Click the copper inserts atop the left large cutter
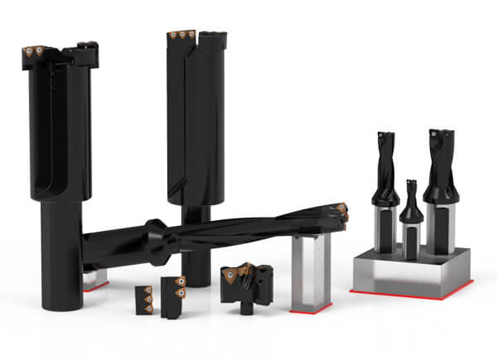pyautogui.click(x=36, y=50)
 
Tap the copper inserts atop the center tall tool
pyautogui.click(x=181, y=36)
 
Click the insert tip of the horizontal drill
pyautogui.click(x=340, y=210)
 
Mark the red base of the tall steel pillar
pyautogui.click(x=311, y=309)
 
